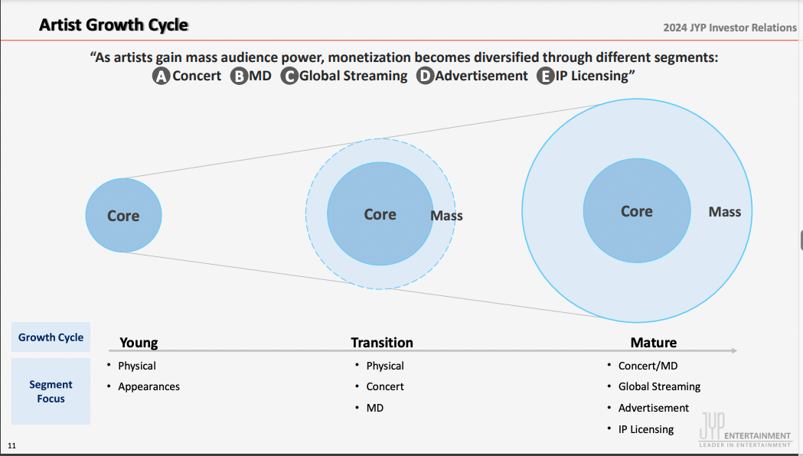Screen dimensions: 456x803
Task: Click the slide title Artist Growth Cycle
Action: (113, 25)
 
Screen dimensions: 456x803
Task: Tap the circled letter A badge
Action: (161, 76)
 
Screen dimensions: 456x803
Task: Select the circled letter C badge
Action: (289, 76)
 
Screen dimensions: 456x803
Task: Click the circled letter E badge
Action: (546, 76)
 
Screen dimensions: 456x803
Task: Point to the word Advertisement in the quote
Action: (481, 76)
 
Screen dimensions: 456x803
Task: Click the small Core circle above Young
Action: (123, 216)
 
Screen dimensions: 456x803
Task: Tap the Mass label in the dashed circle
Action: (446, 216)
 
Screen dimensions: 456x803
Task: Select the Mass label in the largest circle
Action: (724, 212)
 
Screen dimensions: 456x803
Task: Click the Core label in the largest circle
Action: (636, 211)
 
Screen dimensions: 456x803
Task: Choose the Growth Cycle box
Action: (51, 337)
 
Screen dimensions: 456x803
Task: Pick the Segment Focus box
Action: (51, 391)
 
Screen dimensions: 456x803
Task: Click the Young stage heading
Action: (139, 343)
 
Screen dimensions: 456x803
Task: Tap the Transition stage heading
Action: (382, 343)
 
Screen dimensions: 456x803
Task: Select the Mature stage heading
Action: (654, 343)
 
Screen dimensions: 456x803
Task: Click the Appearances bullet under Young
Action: (149, 386)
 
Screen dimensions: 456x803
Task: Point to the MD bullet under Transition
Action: (375, 408)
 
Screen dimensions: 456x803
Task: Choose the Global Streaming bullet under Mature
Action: (659, 386)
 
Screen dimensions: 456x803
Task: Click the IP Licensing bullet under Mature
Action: (646, 429)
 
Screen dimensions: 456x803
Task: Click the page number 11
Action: (11, 445)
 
